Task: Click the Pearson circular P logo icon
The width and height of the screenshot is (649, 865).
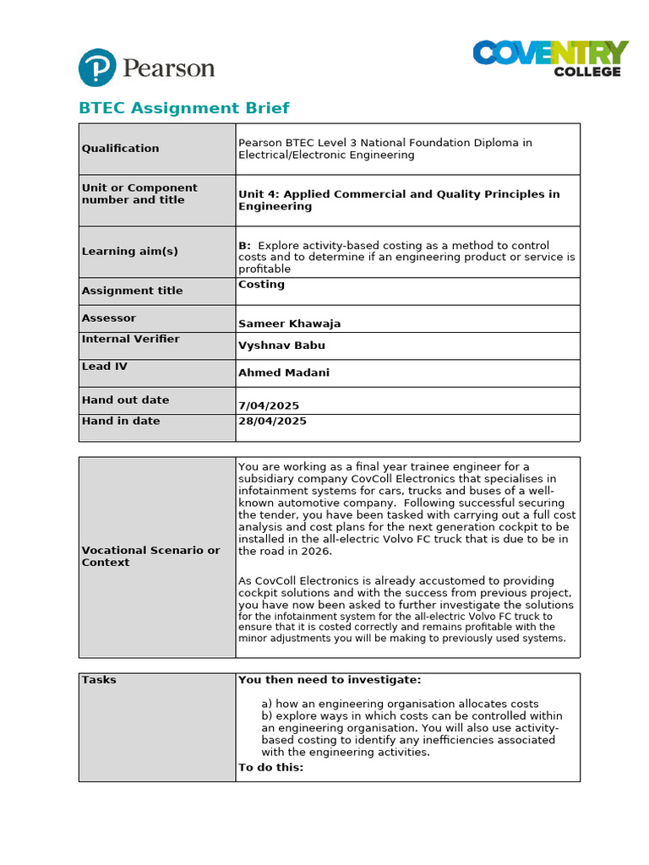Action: click(x=97, y=68)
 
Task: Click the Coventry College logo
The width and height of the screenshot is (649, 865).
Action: click(x=550, y=58)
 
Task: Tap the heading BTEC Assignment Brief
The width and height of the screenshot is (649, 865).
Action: click(x=183, y=108)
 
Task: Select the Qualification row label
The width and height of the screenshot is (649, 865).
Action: click(x=120, y=149)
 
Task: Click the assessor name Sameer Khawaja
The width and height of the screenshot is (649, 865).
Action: click(x=289, y=324)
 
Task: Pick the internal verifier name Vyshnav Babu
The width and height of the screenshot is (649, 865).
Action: click(x=281, y=345)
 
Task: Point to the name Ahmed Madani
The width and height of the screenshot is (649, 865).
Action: click(x=284, y=373)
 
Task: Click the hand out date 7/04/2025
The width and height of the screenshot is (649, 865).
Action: click(x=269, y=405)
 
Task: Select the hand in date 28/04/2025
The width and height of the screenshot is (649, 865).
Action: click(x=272, y=421)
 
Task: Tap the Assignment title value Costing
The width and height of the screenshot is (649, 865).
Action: click(x=261, y=285)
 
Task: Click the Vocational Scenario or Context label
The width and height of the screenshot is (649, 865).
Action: click(x=150, y=556)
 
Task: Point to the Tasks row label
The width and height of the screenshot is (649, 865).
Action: click(x=99, y=680)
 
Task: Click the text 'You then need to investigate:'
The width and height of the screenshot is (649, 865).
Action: click(x=329, y=680)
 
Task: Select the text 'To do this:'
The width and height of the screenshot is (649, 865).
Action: click(x=270, y=767)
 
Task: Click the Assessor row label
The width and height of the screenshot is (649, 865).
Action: click(x=108, y=318)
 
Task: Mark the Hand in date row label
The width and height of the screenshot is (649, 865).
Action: click(x=120, y=421)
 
